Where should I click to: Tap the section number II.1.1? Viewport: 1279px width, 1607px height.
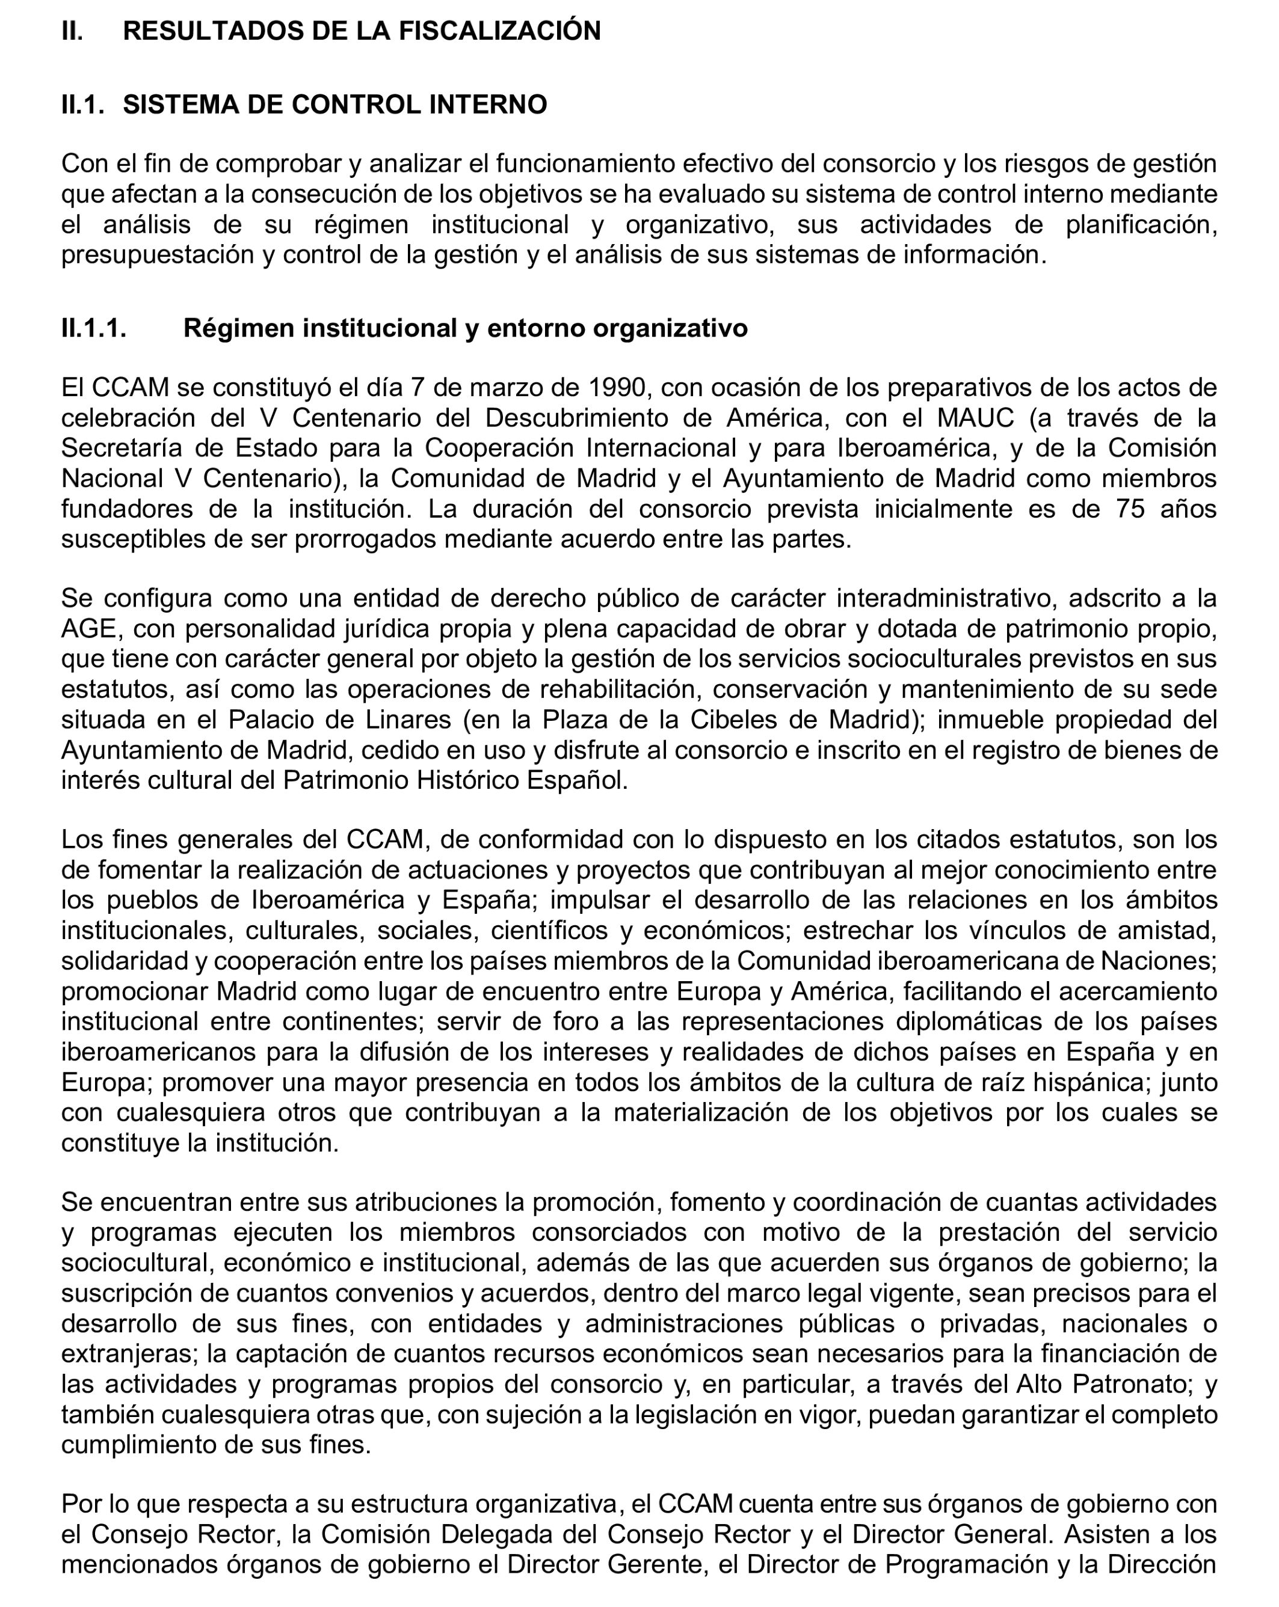tap(94, 328)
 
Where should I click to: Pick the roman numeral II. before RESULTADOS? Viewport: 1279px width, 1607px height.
tap(73, 31)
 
